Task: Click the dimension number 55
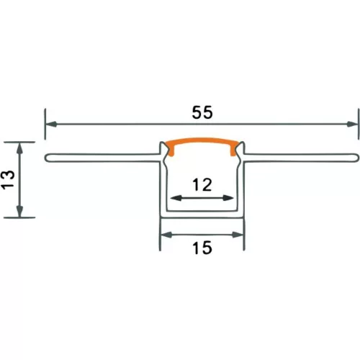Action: coord(202,112)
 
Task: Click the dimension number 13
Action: coord(9,180)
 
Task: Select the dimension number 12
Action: coord(202,185)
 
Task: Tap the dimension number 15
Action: coord(202,248)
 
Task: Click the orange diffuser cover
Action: coord(202,140)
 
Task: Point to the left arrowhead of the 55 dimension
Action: coord(51,125)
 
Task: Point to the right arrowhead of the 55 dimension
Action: coord(353,125)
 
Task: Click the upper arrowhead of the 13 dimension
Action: coord(19,148)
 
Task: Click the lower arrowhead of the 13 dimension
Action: coord(19,212)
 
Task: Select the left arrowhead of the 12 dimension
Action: coord(176,198)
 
